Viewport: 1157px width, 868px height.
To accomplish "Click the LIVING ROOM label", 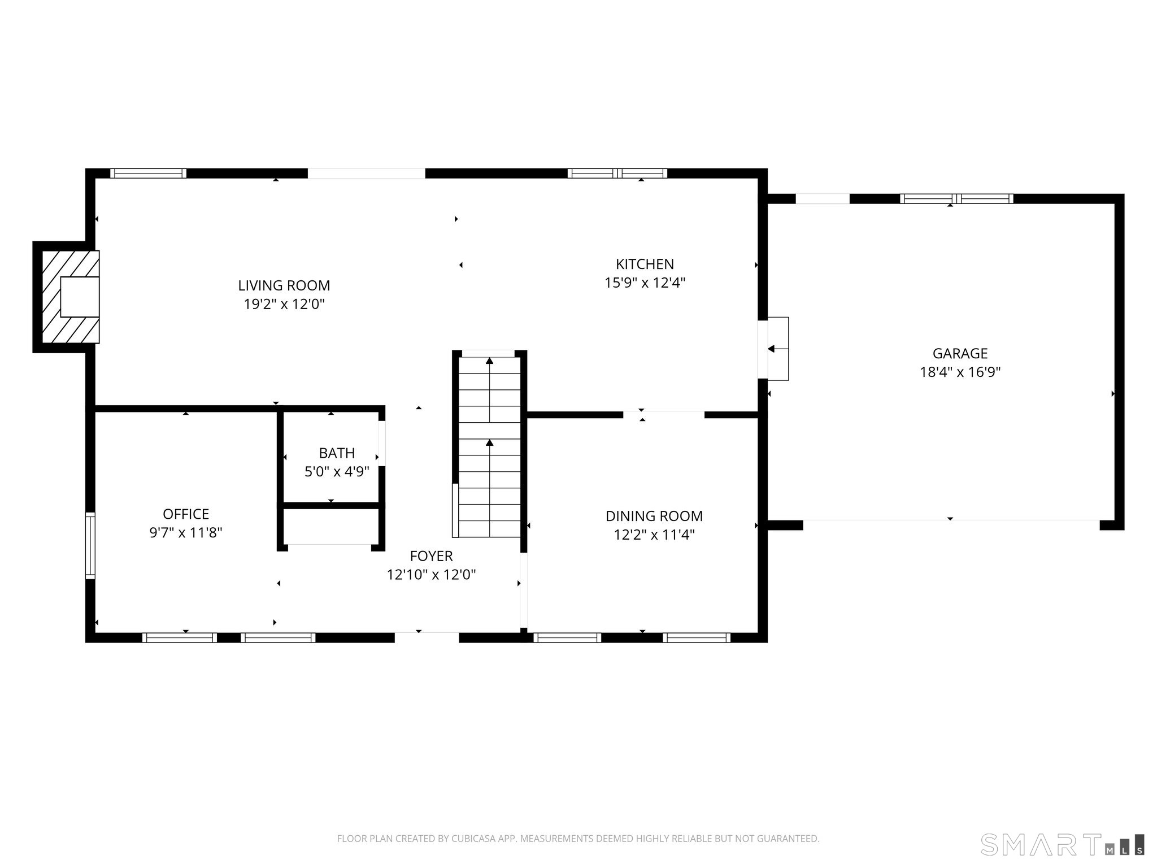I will [284, 285].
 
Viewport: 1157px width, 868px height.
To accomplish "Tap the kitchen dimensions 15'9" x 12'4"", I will [645, 283].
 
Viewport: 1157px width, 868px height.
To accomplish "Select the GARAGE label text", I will [960, 353].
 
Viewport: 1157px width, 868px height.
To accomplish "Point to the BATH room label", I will [337, 453].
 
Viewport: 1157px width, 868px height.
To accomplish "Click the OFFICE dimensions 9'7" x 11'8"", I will [186, 532].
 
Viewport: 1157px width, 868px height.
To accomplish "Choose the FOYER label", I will [431, 556].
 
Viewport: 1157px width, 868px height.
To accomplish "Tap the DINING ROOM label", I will [654, 516].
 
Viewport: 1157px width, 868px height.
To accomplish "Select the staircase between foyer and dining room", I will [489, 444].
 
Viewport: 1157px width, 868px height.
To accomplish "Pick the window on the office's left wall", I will [90, 545].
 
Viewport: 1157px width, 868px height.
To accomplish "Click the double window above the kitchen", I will [617, 173].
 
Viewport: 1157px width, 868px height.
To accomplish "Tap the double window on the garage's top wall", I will [956, 198].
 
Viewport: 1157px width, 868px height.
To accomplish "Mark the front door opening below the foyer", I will [427, 637].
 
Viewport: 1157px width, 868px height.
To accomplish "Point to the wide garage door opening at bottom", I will [951, 520].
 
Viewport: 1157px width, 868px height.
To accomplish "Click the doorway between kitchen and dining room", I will [664, 414].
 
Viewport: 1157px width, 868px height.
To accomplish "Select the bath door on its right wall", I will [382, 443].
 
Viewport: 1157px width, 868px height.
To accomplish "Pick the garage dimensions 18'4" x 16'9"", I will [960, 372].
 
